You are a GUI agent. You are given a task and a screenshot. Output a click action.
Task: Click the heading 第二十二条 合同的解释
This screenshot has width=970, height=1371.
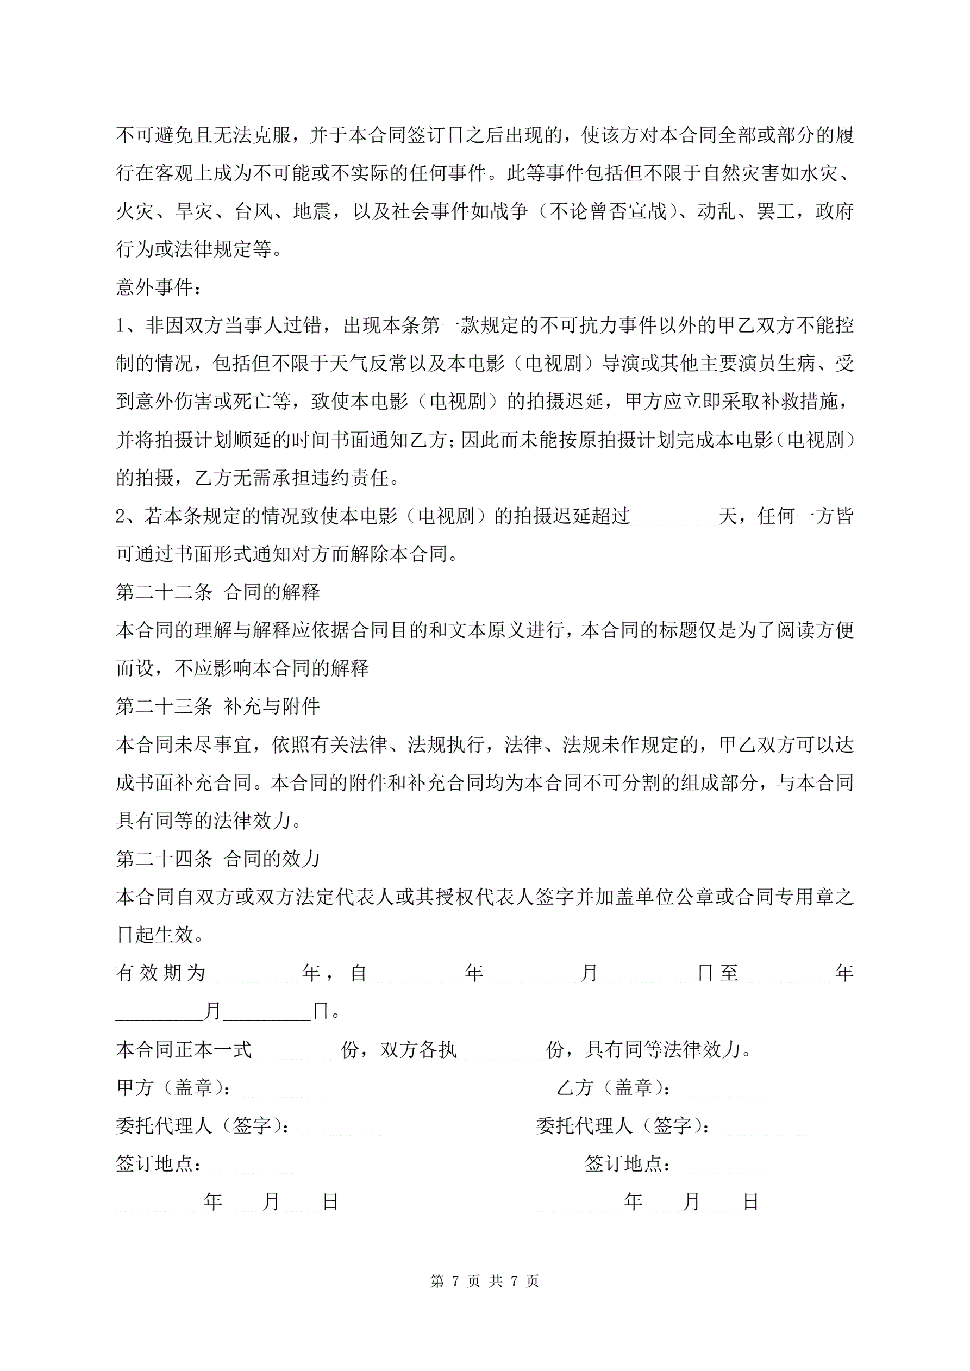point(217,592)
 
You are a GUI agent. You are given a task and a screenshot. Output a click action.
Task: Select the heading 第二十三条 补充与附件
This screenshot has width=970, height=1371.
point(217,706)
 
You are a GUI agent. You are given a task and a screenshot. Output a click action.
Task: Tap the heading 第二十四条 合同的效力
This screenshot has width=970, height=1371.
point(217,859)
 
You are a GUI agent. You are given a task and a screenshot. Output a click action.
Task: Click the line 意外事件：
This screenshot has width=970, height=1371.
point(159,287)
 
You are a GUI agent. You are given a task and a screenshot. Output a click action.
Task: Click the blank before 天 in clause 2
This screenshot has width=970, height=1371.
point(674,517)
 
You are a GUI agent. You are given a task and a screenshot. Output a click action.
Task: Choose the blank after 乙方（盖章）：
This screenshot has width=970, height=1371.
point(727,1088)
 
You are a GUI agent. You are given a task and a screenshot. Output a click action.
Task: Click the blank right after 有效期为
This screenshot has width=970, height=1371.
point(254,974)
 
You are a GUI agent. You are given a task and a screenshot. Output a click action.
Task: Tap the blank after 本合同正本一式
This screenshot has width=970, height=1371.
point(296,1050)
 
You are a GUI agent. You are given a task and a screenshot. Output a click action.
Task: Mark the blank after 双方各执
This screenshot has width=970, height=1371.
point(501,1050)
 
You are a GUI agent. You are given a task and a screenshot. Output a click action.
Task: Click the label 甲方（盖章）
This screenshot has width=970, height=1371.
point(173,1087)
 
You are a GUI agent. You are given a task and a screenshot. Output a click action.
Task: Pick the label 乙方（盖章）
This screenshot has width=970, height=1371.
point(613,1087)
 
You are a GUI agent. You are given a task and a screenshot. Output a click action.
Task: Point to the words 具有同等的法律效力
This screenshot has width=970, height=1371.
point(203,821)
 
